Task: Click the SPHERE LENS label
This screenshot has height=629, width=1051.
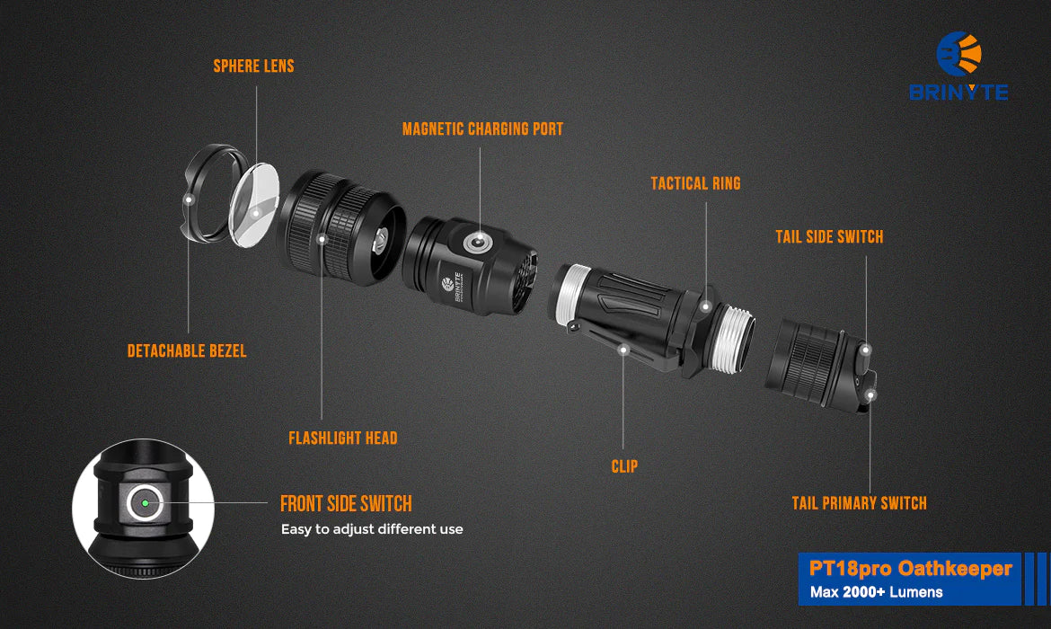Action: click(253, 66)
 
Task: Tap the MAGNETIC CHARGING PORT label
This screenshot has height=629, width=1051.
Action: click(482, 128)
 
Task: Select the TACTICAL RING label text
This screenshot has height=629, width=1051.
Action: click(696, 183)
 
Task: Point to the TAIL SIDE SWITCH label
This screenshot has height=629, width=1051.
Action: click(829, 236)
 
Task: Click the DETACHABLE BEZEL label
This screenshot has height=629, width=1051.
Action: click(187, 350)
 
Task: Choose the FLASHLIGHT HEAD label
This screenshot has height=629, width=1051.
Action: click(342, 438)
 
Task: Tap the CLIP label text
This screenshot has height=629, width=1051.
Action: click(624, 466)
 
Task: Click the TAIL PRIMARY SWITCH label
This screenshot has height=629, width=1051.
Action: click(860, 503)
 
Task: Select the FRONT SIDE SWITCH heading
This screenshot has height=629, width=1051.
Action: click(346, 503)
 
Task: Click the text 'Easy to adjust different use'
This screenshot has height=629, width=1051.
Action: click(372, 529)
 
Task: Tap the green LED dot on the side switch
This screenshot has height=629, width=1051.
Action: click(145, 503)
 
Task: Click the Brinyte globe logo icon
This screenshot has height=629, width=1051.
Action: click(959, 54)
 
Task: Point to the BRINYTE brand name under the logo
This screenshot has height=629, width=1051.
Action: click(958, 92)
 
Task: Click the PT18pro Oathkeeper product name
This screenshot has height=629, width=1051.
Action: click(910, 569)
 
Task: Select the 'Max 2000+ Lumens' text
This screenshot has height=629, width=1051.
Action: click(876, 592)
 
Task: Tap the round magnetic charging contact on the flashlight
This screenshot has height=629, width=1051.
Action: click(477, 243)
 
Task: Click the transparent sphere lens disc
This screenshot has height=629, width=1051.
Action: click(254, 205)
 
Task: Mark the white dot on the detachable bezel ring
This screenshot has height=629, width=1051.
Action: click(189, 199)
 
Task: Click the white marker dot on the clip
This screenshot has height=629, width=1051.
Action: click(623, 350)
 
